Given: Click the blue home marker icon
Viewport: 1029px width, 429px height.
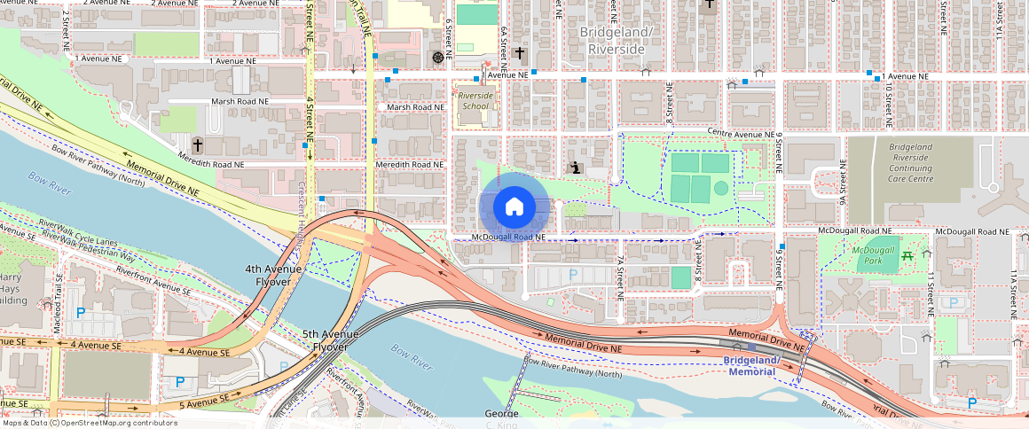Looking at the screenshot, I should coord(514,207).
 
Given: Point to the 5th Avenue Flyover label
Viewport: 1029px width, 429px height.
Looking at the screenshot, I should coord(331,340).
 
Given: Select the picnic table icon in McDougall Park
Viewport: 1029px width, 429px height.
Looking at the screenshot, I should coord(907,256).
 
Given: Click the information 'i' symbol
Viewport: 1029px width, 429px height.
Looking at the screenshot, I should coord(576,167).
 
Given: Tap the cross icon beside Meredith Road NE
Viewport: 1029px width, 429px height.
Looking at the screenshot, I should coord(198,144).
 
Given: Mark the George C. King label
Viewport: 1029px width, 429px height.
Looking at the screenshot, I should coord(501,418).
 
